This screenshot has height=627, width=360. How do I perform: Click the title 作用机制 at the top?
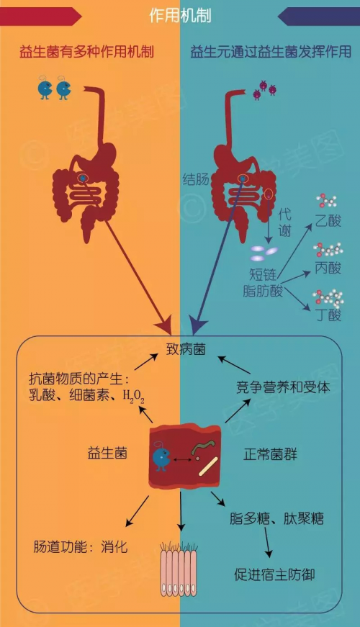click(x=180, y=16)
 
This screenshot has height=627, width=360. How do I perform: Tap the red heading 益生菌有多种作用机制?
click(x=86, y=52)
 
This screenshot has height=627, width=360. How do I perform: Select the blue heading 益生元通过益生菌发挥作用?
click(x=271, y=52)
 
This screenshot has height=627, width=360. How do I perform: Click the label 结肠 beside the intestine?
click(x=196, y=179)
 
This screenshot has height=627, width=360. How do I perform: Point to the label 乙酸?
click(x=328, y=220)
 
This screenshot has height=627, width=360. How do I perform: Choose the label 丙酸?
click(x=328, y=268)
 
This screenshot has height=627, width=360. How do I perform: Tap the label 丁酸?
click(x=328, y=315)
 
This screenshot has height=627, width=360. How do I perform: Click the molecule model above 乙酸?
click(x=326, y=201)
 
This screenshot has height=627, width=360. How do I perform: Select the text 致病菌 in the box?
click(x=186, y=349)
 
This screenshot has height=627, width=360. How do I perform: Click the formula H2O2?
click(x=134, y=396)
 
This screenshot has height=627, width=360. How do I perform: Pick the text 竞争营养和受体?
click(x=283, y=387)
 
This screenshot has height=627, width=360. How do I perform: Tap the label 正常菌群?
click(x=271, y=454)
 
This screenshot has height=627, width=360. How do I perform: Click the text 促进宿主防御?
click(x=274, y=574)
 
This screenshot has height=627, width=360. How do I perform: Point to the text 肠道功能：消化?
click(x=81, y=546)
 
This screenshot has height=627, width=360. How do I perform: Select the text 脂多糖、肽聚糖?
click(x=276, y=518)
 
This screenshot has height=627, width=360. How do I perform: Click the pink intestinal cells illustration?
click(x=179, y=569)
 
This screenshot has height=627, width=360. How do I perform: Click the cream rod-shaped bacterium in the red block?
click(x=208, y=466)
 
